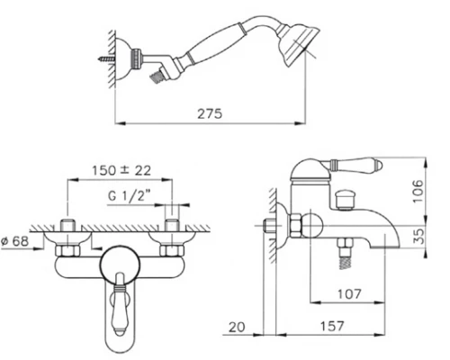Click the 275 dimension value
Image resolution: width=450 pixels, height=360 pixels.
(x=210, y=113)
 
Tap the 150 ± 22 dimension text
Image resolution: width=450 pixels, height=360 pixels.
(x=121, y=170)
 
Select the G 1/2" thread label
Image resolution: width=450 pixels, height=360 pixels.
(x=129, y=195)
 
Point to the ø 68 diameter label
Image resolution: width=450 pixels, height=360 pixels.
(x=14, y=241)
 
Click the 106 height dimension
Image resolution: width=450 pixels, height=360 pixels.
(x=418, y=191)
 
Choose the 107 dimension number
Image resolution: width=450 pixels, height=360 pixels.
(x=349, y=294)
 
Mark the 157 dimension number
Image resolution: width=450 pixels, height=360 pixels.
(x=332, y=326)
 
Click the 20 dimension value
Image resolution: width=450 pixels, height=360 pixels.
(x=237, y=327)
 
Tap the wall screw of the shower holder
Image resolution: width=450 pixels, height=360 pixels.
(x=106, y=58)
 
